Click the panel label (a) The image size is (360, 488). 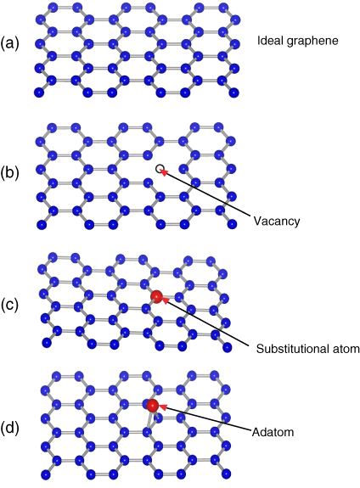pos(9,43)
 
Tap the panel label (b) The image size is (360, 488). pos(9,172)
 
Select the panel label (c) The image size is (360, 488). pos(9,305)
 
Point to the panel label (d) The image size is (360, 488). pos(9,429)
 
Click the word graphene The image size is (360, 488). pos(312,42)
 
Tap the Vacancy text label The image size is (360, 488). pos(277,221)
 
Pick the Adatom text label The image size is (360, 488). pos(273,432)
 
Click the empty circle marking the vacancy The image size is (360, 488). pos(159,168)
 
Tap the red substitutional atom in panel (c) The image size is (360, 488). pos(156,296)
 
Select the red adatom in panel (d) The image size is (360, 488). pos(153,405)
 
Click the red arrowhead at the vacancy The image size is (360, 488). pos(164,171)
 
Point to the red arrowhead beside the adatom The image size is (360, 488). pos(163,407)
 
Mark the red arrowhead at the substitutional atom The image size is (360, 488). pos(166,300)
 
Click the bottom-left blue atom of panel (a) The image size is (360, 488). pos(39,93)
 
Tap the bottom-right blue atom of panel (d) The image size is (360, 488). pos(226,474)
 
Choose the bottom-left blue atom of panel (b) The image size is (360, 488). pos(42,224)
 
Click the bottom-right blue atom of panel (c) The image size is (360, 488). pos(228,347)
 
